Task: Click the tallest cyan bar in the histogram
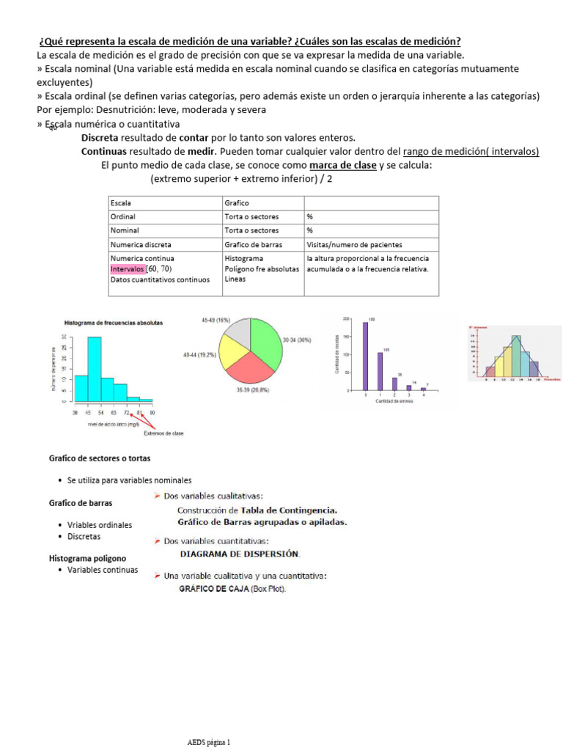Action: (95, 370)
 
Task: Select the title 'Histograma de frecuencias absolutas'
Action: (114, 322)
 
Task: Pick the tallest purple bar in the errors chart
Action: (365, 359)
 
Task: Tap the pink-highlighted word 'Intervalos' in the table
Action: (128, 269)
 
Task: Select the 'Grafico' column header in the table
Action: (238, 203)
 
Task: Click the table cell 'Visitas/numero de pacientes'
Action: (354, 245)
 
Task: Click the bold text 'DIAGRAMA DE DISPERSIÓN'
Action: (240, 554)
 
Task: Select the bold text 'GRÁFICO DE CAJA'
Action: (213, 589)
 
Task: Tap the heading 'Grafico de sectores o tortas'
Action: (100, 458)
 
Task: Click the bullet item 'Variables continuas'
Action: (102, 570)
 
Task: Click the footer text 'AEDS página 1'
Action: (209, 742)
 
